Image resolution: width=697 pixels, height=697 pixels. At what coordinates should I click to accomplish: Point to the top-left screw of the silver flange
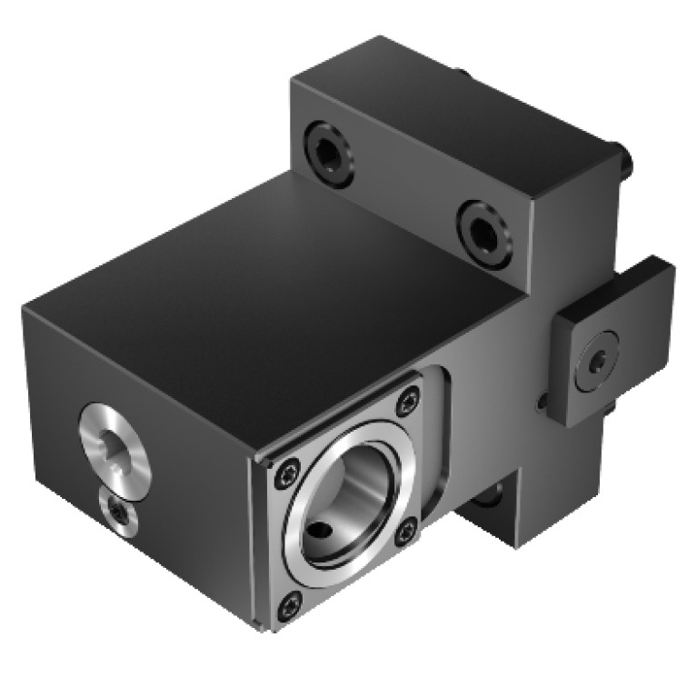click(x=289, y=470)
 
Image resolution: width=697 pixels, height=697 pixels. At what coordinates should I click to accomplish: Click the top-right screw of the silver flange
click(x=409, y=397)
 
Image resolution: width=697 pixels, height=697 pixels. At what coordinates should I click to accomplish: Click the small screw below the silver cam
click(x=119, y=514)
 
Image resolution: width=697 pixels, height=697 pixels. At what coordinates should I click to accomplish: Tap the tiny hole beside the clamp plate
click(x=543, y=400)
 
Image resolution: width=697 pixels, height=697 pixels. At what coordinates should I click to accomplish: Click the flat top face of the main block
click(x=273, y=291)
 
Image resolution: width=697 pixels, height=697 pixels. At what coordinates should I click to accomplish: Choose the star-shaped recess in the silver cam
click(x=117, y=448)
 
